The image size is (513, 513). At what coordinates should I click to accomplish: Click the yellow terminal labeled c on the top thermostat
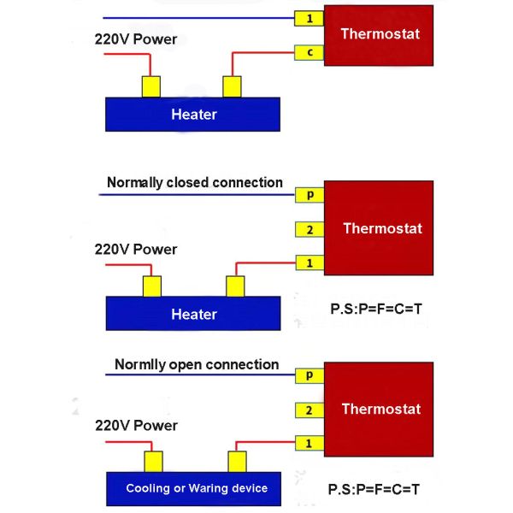click(308, 53)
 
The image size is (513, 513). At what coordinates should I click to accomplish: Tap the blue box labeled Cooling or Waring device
click(196, 488)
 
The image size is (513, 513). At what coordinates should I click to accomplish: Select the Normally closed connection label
click(194, 182)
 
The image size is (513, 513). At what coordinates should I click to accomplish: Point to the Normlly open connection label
click(197, 365)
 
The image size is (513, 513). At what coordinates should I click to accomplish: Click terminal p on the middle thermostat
click(309, 195)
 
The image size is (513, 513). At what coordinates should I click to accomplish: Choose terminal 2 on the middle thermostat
click(309, 228)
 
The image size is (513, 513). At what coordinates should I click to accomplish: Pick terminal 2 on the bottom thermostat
click(309, 410)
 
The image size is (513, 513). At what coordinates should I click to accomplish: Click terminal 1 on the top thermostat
click(308, 18)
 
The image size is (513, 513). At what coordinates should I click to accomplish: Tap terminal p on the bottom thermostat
click(309, 375)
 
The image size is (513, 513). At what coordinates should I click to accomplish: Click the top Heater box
click(193, 114)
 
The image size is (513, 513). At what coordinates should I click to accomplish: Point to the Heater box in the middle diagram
click(193, 314)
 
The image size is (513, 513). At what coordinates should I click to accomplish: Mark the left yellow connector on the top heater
click(151, 86)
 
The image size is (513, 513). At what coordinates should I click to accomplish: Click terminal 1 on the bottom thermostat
click(309, 443)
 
